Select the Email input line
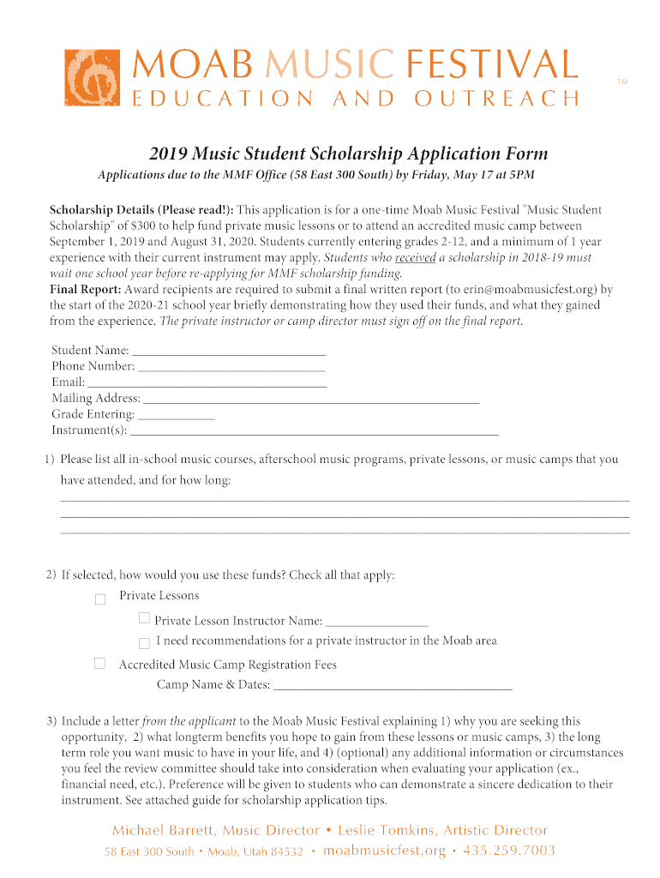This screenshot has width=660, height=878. click(207, 382)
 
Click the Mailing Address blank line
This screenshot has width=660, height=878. click(310, 399)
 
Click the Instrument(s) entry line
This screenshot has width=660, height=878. click(314, 430)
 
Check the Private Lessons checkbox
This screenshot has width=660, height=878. click(100, 598)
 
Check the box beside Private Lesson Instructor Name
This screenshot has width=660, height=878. click(144, 618)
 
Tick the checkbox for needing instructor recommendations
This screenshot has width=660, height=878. click(144, 641)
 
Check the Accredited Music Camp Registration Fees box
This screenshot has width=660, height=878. click(100, 663)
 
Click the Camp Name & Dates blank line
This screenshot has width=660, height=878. click(393, 685)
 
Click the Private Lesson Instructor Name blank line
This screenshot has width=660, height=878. click(376, 622)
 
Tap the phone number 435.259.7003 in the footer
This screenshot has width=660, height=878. click(509, 851)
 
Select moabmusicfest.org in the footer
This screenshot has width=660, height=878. click(384, 851)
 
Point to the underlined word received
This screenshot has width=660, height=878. click(415, 257)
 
